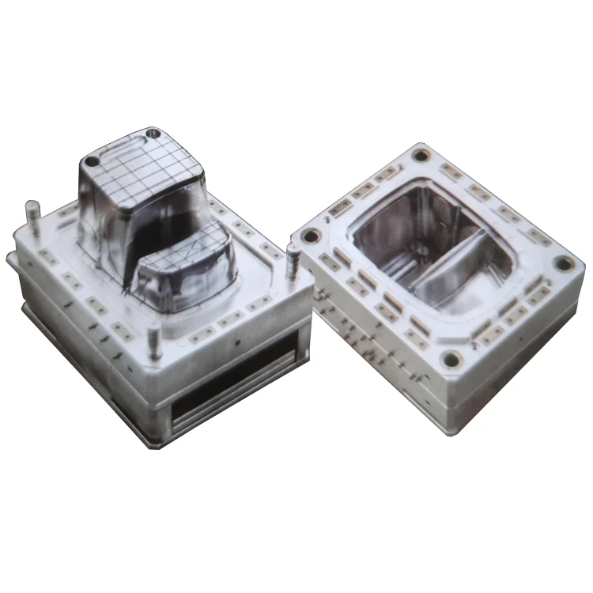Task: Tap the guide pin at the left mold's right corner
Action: (292, 255)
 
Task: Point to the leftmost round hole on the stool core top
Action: (93, 161)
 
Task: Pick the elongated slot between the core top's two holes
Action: (119, 145)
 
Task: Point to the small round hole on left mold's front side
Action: (236, 346)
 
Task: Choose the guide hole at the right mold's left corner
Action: (311, 235)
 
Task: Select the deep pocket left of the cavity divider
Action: (399, 237)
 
